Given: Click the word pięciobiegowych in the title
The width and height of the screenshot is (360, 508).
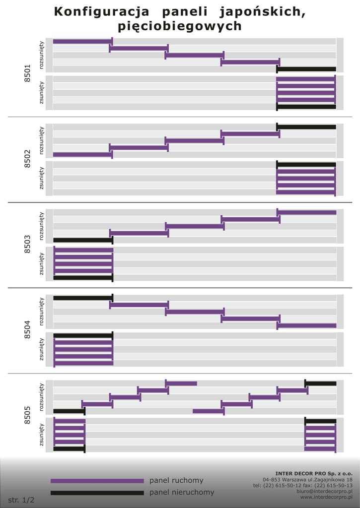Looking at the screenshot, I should pyautogui.click(x=180, y=26).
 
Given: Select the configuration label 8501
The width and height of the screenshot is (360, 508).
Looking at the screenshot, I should pyautogui.click(x=27, y=73).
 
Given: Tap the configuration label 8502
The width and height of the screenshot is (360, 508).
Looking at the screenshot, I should pyautogui.click(x=27, y=158).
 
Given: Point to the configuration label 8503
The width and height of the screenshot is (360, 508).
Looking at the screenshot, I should pyautogui.click(x=27, y=244).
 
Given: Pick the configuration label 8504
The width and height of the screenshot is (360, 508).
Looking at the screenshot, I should pyautogui.click(x=27, y=329).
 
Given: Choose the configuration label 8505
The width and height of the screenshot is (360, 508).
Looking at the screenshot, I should pyautogui.click(x=27, y=415).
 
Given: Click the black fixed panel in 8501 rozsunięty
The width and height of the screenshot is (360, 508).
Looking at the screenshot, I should pyautogui.click(x=307, y=69).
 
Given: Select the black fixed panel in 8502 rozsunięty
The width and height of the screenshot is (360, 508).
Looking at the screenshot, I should pyautogui.click(x=307, y=127).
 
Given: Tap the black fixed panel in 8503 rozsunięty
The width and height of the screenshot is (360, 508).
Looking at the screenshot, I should pyautogui.click(x=83, y=240).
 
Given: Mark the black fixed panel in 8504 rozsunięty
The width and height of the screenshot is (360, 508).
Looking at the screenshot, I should pyautogui.click(x=83, y=298).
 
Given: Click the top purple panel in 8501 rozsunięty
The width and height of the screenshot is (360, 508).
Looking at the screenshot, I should pyautogui.click(x=82, y=42).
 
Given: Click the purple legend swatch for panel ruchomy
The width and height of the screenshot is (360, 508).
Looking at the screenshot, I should pyautogui.click(x=97, y=481).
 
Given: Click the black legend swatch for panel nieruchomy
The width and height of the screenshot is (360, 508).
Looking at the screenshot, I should pyautogui.click(x=97, y=493).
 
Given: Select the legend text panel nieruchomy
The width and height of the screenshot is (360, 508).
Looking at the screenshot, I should pyautogui.click(x=182, y=493).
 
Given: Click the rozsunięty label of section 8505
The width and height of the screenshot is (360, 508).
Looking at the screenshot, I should pyautogui.click(x=42, y=396).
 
